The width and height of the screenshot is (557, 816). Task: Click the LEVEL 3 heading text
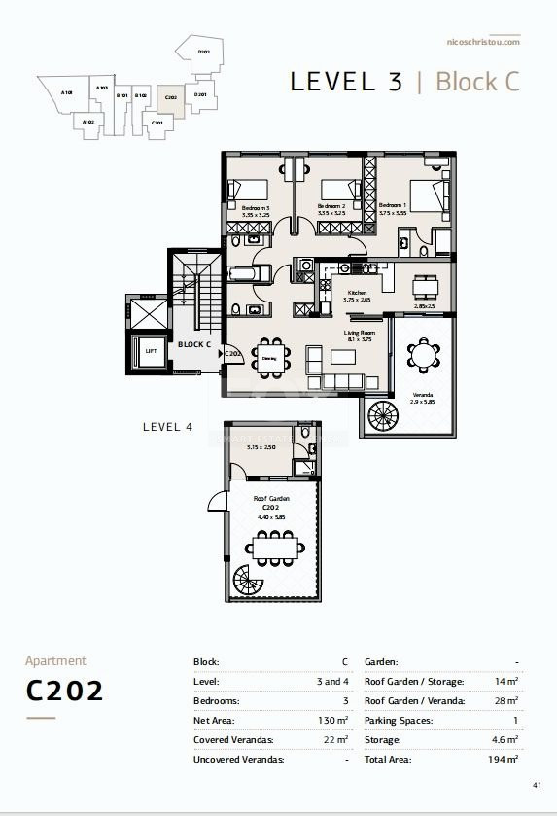pyautogui.click(x=346, y=82)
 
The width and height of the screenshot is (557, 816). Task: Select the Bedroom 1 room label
pyautogui.click(x=392, y=206)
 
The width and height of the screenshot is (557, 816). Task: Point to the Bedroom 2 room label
pyautogui.click(x=332, y=206)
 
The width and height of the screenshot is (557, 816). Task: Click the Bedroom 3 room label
pyautogui.click(x=257, y=206)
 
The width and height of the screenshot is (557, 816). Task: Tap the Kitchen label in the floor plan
pyautogui.click(x=355, y=293)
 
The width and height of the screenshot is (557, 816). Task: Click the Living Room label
pyautogui.click(x=359, y=334)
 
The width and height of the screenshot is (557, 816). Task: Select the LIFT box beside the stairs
pyautogui.click(x=151, y=350)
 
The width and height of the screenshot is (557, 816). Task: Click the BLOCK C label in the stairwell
pyautogui.click(x=194, y=344)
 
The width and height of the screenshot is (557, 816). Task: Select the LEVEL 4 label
pyautogui.click(x=168, y=426)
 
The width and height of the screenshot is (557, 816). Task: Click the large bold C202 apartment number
pyautogui.click(x=64, y=691)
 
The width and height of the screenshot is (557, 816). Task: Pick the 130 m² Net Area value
pyautogui.click(x=335, y=721)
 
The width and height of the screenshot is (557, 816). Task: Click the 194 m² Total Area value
pyautogui.click(x=505, y=759)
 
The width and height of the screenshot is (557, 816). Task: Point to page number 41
pyautogui.click(x=537, y=785)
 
